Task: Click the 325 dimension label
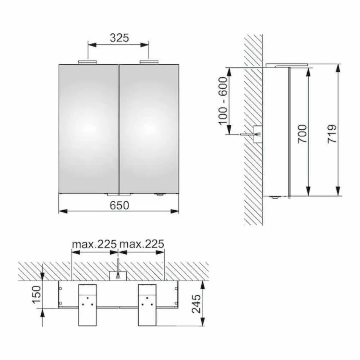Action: click(x=119, y=38)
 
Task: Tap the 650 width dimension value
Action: click(x=119, y=205)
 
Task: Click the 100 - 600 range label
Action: click(x=223, y=100)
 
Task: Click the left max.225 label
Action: click(x=94, y=244)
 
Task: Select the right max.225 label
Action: click(x=142, y=244)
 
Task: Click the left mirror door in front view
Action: click(x=89, y=128)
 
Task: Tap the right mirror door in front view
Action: click(x=149, y=128)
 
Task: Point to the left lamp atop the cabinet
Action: click(x=88, y=62)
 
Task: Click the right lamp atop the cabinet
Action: click(x=150, y=62)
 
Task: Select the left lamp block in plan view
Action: click(x=88, y=305)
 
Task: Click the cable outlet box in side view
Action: click(x=258, y=134)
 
